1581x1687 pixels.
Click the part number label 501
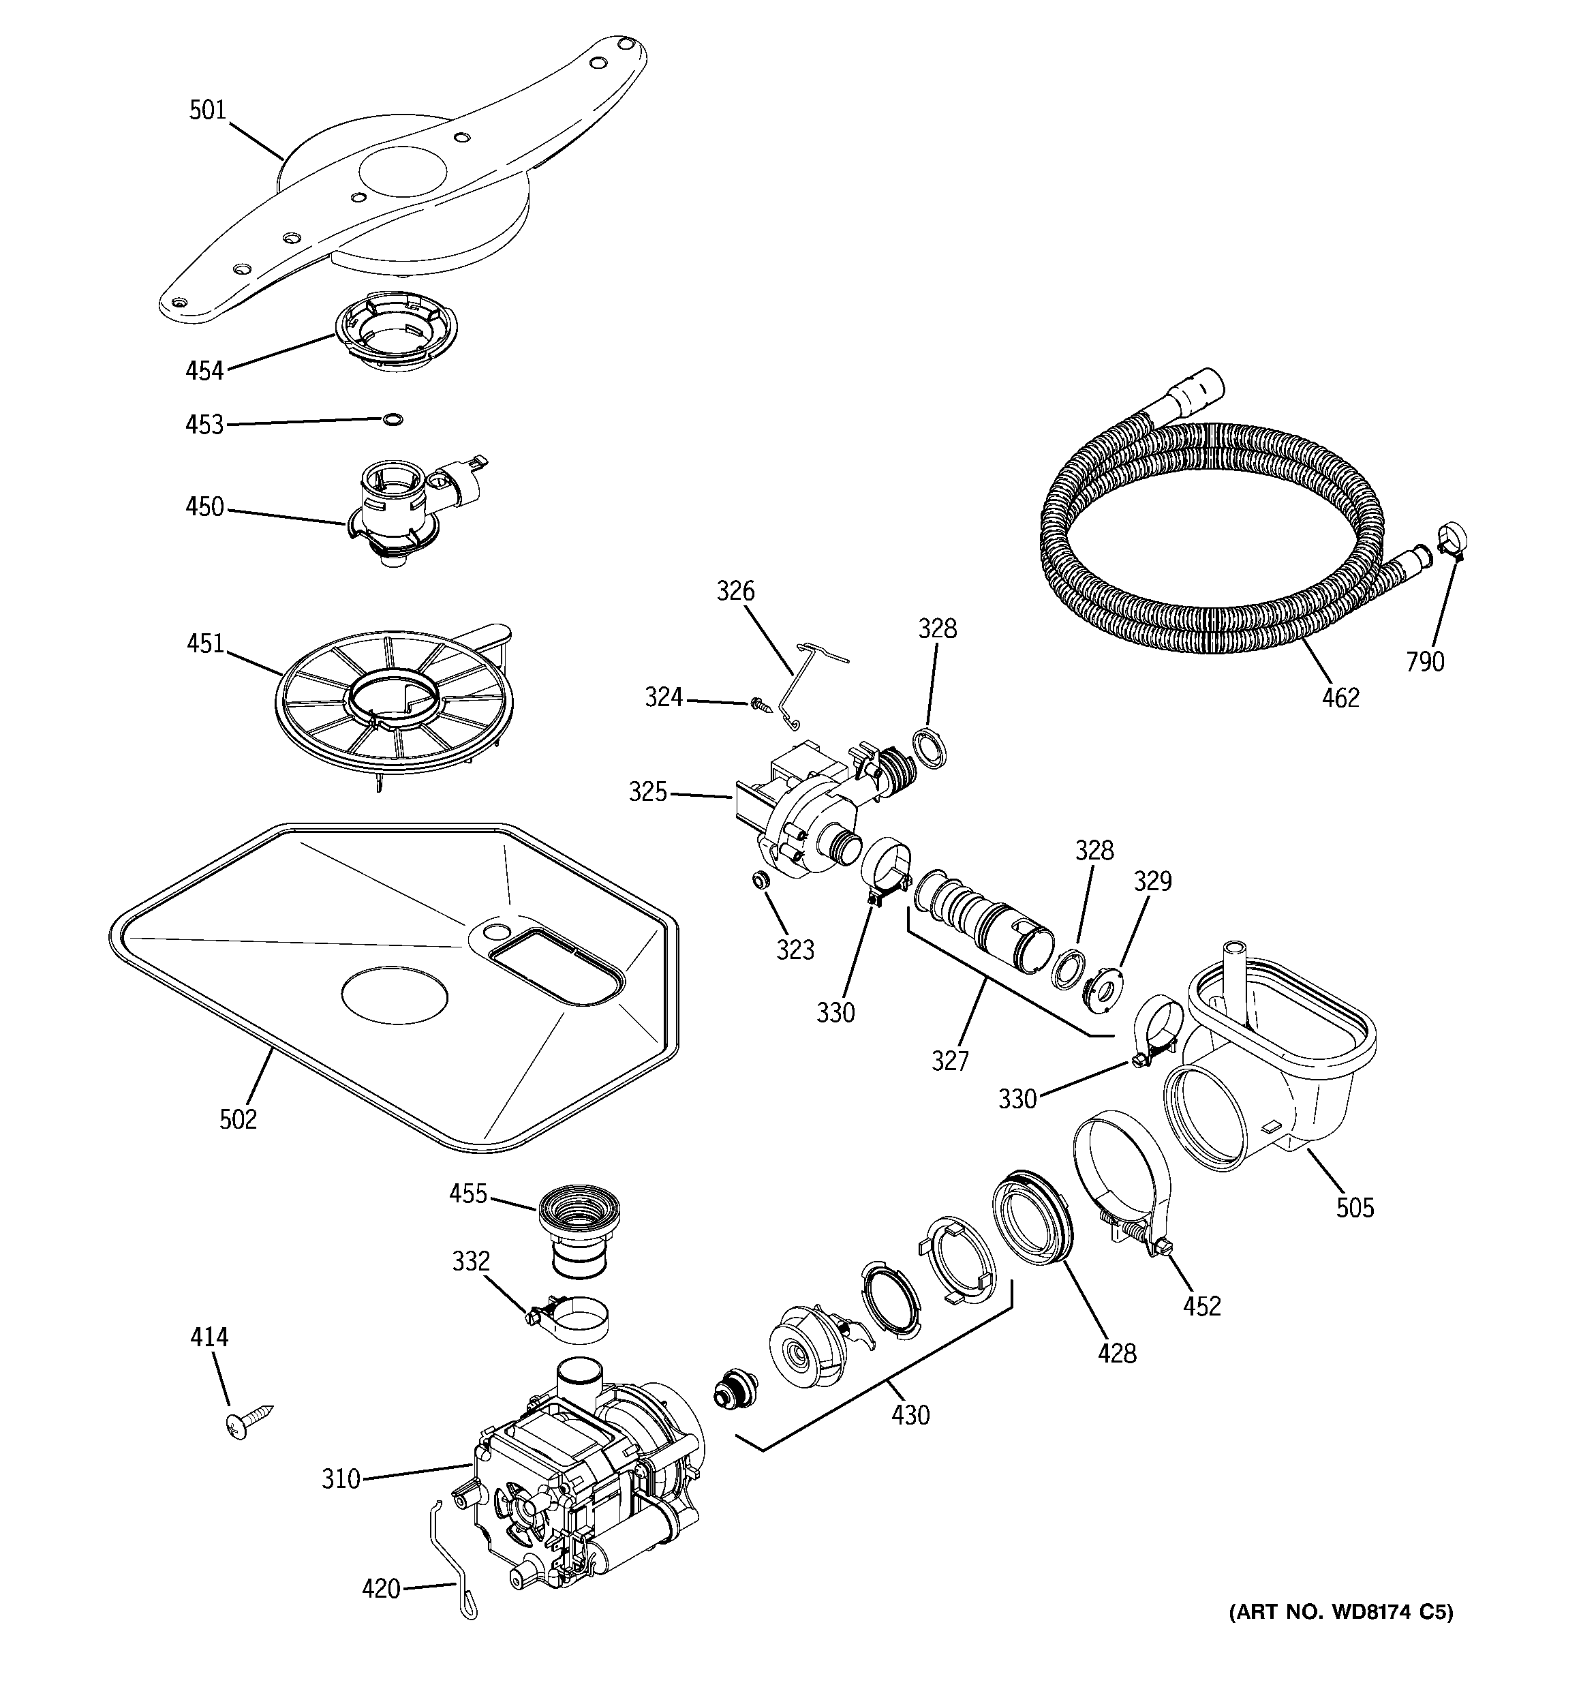tap(207, 110)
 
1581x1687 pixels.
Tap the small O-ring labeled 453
tap(392, 419)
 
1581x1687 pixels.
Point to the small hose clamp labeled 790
tap(1453, 543)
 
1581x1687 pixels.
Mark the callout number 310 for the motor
tap(341, 1479)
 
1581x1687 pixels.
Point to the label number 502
tap(238, 1119)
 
